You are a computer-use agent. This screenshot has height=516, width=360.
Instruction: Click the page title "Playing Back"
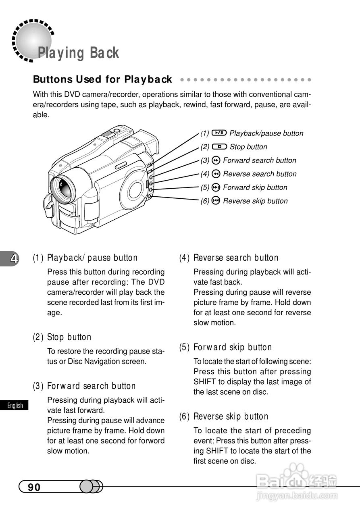(x=78, y=53)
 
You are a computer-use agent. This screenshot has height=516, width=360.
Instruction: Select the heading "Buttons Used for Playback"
(x=102, y=79)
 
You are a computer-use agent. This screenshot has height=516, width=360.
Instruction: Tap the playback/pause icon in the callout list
(x=219, y=133)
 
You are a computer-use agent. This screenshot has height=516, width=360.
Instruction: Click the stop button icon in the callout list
(x=219, y=147)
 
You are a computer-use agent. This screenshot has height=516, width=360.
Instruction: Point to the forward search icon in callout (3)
(x=216, y=160)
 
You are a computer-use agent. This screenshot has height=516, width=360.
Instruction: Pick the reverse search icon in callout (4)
(x=216, y=174)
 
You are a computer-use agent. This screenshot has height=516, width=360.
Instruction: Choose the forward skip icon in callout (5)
(x=216, y=187)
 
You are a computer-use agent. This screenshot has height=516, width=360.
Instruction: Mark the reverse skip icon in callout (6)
(x=216, y=201)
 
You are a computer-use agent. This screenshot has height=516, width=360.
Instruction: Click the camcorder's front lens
(x=63, y=188)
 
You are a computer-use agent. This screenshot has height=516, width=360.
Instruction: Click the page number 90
(x=34, y=487)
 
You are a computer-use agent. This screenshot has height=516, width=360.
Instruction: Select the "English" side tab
(x=15, y=406)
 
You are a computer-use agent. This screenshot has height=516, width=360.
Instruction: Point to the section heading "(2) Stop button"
(x=62, y=337)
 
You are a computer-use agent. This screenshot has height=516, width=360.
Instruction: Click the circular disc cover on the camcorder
(x=135, y=190)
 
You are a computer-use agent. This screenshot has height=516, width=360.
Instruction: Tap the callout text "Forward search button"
(x=259, y=160)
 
